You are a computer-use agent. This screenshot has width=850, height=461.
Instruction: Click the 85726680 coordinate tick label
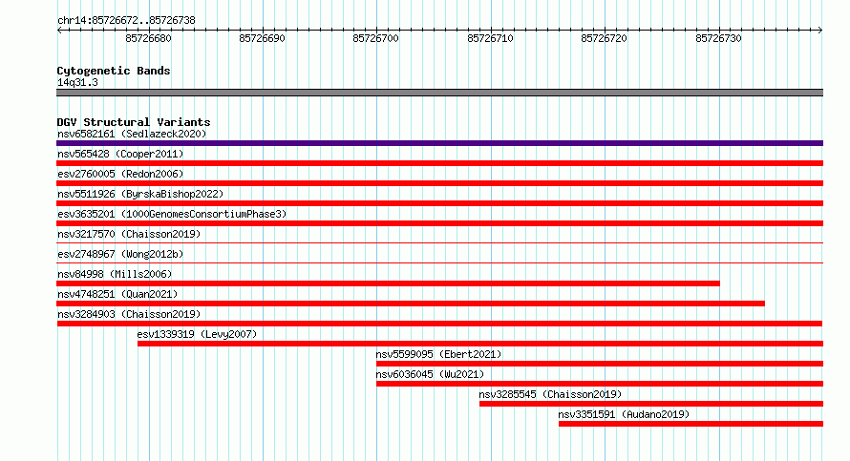click(x=149, y=38)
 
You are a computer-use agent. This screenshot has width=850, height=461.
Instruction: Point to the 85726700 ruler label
click(x=375, y=38)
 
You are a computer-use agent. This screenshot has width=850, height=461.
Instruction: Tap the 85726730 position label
click(x=718, y=38)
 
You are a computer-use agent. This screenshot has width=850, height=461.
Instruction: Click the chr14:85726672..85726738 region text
click(x=126, y=21)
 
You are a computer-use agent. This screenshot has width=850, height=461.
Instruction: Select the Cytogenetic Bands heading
click(x=114, y=71)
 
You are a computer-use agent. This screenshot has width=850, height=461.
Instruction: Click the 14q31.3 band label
click(x=77, y=82)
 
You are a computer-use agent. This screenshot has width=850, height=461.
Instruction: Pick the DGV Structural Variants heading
click(x=134, y=122)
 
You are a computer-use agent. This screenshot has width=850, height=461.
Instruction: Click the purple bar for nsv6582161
click(x=439, y=143)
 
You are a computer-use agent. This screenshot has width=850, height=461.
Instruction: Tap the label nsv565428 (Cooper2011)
click(x=120, y=154)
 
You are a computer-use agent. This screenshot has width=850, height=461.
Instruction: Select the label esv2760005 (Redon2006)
click(x=120, y=174)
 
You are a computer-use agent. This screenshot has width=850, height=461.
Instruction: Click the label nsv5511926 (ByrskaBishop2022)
click(x=140, y=194)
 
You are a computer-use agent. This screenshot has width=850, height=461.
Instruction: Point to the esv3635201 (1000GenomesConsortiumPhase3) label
click(x=172, y=214)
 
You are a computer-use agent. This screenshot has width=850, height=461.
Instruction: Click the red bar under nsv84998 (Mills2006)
click(x=388, y=283)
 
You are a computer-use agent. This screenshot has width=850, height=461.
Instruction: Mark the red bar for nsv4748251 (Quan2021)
click(x=411, y=304)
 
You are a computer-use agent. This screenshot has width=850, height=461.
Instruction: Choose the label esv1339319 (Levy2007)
click(x=197, y=334)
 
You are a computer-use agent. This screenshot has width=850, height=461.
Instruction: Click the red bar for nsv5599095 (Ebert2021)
click(x=600, y=364)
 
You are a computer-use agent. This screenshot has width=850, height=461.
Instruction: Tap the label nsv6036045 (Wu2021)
click(x=430, y=374)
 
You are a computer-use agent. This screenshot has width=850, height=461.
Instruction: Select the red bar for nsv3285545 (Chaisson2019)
click(x=651, y=404)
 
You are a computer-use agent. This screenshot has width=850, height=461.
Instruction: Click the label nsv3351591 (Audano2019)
click(x=624, y=414)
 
